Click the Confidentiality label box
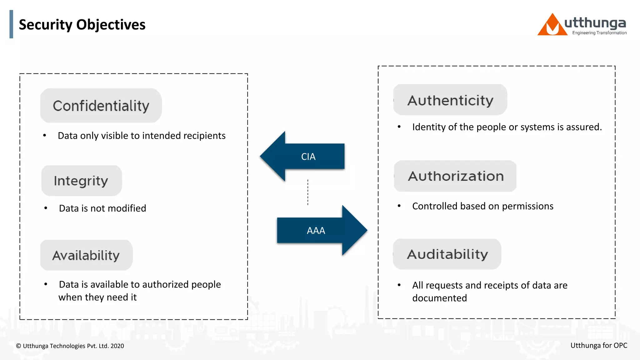point(101,106)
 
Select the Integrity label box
point(81,181)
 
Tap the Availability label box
point(86,255)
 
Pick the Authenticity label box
point(450,100)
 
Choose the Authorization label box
point(455,176)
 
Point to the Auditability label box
point(447,254)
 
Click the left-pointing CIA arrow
point(302,156)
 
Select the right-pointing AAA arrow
point(322,230)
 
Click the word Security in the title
point(46,25)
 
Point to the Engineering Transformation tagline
point(599,33)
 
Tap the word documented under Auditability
point(439,298)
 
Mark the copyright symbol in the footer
point(19,346)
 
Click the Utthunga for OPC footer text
point(599,345)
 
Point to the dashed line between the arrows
point(308,192)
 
